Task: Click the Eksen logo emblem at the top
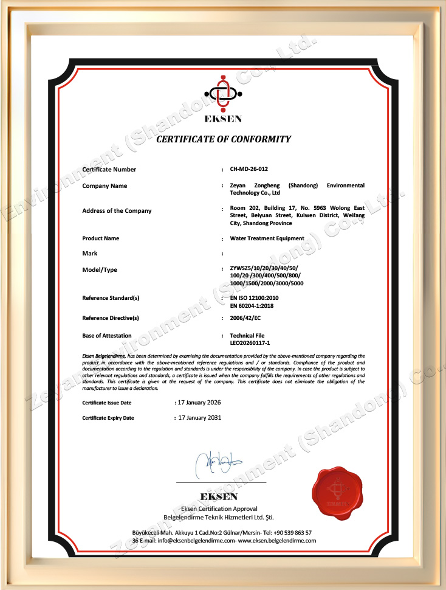click(x=223, y=94)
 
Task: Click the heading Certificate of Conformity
click(x=224, y=139)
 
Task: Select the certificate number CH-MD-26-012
click(x=250, y=170)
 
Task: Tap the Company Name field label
click(x=105, y=186)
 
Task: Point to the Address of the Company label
click(x=117, y=211)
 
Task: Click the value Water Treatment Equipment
click(x=267, y=238)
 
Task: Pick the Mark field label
click(x=89, y=253)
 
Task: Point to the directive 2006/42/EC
click(x=245, y=318)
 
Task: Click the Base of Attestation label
click(x=106, y=335)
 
